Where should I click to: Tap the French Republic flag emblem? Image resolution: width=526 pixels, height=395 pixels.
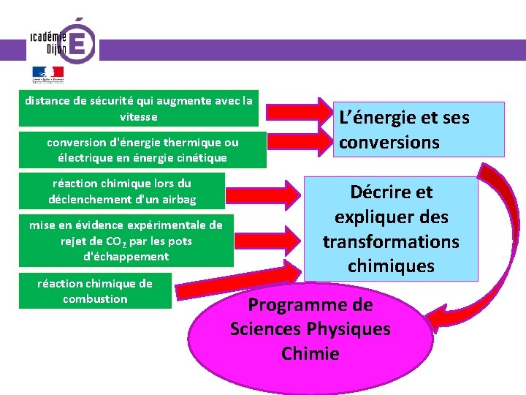click(47, 74)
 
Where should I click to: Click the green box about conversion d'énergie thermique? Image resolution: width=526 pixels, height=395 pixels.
click(142, 149)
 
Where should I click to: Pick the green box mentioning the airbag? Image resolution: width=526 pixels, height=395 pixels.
click(122, 192)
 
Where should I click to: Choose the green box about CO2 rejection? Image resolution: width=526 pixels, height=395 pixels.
click(126, 241)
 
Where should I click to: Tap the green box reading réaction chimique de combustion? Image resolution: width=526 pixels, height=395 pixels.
click(95, 291)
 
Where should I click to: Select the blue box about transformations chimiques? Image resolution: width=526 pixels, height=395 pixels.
click(391, 229)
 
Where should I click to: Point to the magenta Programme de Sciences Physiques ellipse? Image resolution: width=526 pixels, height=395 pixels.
click(310, 329)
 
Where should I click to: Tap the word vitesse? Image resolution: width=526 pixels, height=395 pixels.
click(138, 117)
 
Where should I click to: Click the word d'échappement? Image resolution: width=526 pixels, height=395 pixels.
click(126, 257)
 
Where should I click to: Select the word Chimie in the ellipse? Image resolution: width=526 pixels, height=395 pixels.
click(310, 354)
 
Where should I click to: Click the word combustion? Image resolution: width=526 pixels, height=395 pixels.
click(95, 299)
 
